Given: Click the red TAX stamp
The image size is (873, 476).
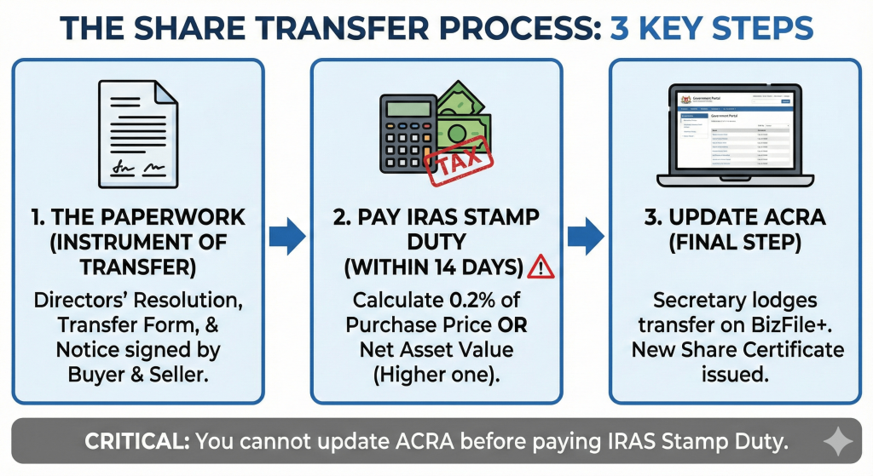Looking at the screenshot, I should coord(460,162).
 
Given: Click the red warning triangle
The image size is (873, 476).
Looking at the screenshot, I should coord(541,267).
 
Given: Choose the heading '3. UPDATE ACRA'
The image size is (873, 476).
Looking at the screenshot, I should coord(735,217).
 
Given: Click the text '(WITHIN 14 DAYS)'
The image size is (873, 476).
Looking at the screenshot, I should coord(434,268).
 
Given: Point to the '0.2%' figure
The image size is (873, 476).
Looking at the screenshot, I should coord(475,301).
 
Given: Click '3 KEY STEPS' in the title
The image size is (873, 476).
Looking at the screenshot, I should coord(712,29).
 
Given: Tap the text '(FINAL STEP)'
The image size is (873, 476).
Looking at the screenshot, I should coord(735,243).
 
